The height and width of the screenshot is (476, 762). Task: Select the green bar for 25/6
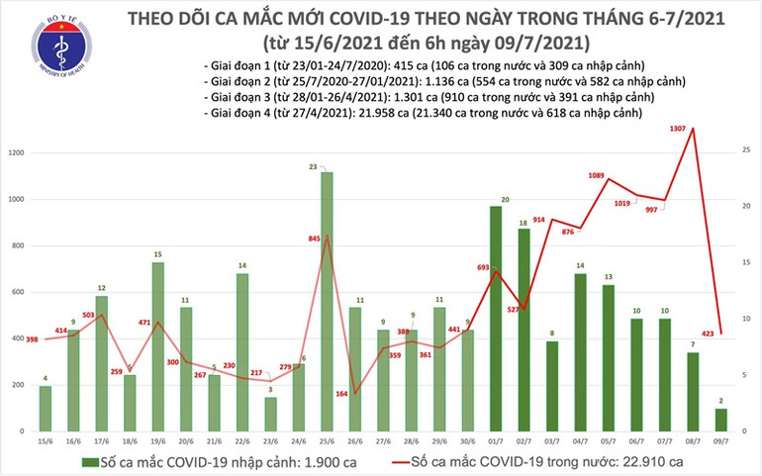pos(326,302)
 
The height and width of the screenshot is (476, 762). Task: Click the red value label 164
pos(340,395)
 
